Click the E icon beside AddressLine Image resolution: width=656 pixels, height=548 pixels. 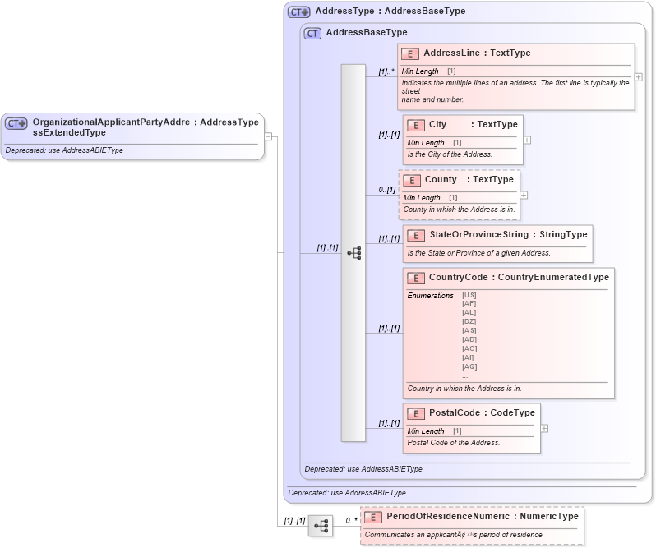pyautogui.click(x=410, y=53)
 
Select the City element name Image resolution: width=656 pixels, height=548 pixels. pyautogui.click(x=437, y=125)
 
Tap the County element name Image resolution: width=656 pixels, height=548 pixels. pyautogui.click(x=441, y=180)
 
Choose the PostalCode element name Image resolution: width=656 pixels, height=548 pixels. pyautogui.click(x=455, y=412)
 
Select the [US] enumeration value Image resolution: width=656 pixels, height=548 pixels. pyautogui.click(x=469, y=295)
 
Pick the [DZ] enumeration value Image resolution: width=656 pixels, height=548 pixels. pyautogui.click(x=469, y=321)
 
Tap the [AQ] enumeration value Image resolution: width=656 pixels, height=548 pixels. pyautogui.click(x=469, y=366)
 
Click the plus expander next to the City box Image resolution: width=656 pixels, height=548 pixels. pyautogui.click(x=527, y=140)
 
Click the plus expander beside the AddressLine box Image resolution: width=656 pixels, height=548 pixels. pyautogui.click(x=639, y=76)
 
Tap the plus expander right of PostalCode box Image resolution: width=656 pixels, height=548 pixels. pyautogui.click(x=544, y=428)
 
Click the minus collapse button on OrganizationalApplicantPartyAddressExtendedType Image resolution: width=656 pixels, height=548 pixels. pyautogui.click(x=268, y=136)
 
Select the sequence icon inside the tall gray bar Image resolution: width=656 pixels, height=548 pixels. pyautogui.click(x=353, y=253)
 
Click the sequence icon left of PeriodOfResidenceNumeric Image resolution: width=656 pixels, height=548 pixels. pyautogui.click(x=321, y=525)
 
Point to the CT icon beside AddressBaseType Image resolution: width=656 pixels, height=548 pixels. pyautogui.click(x=312, y=34)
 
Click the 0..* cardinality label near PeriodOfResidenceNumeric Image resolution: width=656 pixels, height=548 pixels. pyautogui.click(x=351, y=520)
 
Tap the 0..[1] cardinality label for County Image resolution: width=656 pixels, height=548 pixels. pyautogui.click(x=386, y=190)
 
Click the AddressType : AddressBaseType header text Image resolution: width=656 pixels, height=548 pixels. pyautogui.click(x=390, y=12)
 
